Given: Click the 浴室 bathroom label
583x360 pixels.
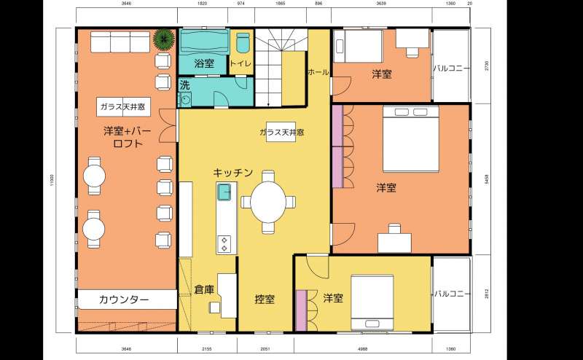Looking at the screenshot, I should point(205,63).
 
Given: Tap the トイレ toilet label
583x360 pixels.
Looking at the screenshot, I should point(240,63).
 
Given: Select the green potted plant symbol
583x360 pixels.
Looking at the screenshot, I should point(165,39).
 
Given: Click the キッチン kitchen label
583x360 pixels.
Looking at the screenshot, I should point(233,173).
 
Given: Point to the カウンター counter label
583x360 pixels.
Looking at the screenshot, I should point(124,300).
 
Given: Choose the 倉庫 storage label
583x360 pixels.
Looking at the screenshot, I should point(205,289).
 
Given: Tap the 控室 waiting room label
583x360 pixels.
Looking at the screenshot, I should point(265,299).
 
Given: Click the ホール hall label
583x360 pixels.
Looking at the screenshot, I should point(318,72).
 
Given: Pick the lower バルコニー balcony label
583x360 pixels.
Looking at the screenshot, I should point(451,294).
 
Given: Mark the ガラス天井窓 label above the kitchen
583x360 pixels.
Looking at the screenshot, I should point(281,133).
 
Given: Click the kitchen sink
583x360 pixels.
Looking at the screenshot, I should point(224,193).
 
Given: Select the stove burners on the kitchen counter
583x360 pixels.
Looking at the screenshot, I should point(224,242).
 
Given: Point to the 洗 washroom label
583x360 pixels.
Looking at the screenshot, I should point(184,85).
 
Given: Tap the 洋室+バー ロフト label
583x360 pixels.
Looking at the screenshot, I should point(127,138).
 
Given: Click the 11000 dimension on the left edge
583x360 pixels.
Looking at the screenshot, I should point(52,179).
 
